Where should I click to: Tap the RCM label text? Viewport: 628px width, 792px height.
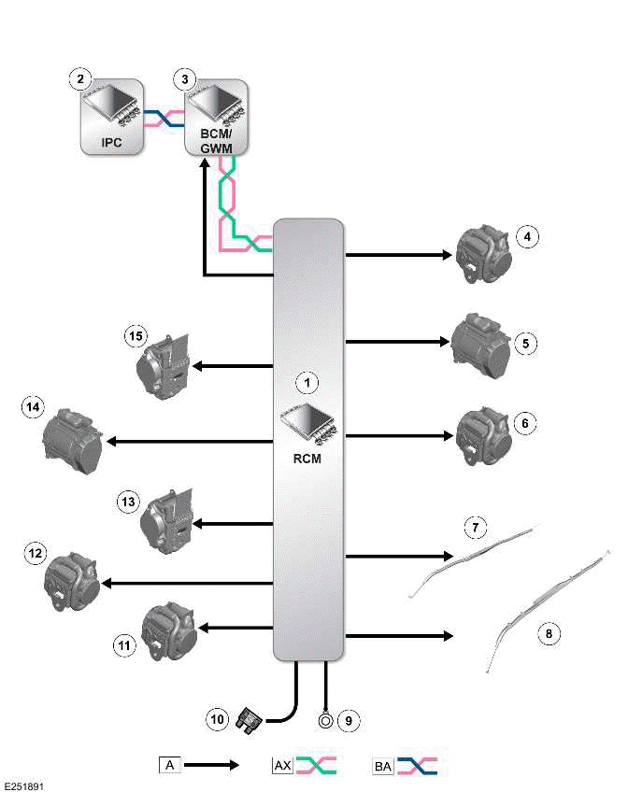click(x=307, y=458)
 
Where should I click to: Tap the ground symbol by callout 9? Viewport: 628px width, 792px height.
click(x=325, y=720)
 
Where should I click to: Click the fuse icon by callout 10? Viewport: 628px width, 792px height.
click(x=250, y=719)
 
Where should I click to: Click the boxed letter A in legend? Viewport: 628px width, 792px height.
click(x=168, y=766)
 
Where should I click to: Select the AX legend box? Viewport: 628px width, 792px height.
click(x=281, y=766)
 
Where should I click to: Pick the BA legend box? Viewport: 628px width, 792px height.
click(x=383, y=766)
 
